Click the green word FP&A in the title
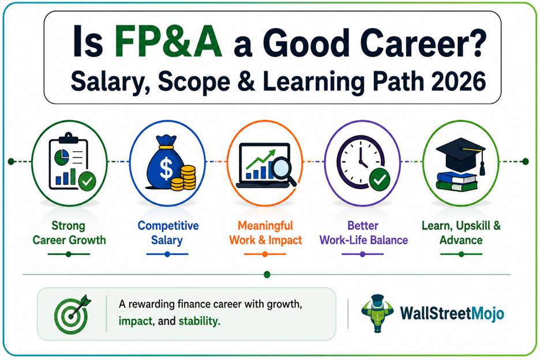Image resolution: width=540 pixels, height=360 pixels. click(x=168, y=42)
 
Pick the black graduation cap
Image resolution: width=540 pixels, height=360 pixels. click(x=461, y=155)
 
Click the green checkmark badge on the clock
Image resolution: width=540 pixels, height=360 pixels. click(x=380, y=179)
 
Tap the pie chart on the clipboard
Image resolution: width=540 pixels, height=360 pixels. click(x=62, y=157)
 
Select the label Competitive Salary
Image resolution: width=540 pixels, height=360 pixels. click(x=168, y=233)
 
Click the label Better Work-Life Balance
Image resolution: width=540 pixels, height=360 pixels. click(x=363, y=233)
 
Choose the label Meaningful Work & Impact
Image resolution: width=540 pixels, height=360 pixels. click(x=265, y=233)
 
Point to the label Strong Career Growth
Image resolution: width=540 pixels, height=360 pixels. click(x=69, y=233)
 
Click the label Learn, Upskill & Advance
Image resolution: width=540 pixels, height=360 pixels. click(x=461, y=233)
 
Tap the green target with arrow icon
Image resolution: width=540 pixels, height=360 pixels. click(x=72, y=314)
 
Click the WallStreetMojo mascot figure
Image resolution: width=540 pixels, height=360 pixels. click(x=377, y=313)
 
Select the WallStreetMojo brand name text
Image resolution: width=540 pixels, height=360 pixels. click(x=452, y=313)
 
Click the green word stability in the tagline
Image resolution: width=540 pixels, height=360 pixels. click(x=198, y=321)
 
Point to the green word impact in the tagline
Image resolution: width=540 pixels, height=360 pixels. click(x=136, y=321)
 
